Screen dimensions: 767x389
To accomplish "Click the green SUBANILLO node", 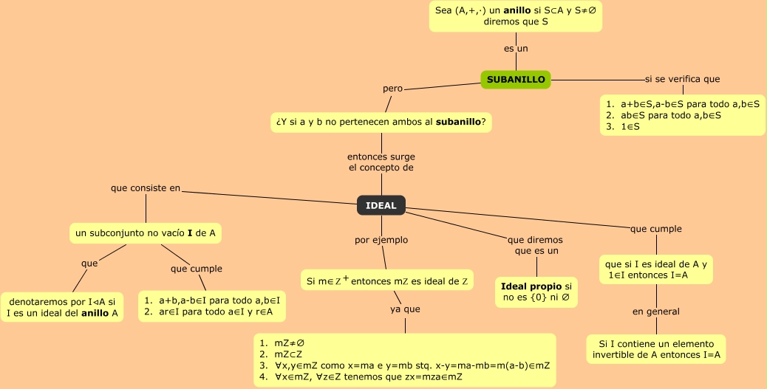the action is click(x=516, y=79).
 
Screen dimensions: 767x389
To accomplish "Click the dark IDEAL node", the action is click(x=381, y=205).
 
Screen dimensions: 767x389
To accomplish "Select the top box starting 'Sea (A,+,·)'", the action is click(x=516, y=16).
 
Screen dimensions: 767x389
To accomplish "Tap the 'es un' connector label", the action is click(x=516, y=49).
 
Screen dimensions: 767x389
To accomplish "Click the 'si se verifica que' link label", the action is click(x=682, y=79).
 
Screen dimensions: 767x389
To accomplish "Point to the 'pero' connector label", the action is click(x=392, y=89).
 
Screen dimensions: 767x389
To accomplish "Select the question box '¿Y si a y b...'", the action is click(x=381, y=122).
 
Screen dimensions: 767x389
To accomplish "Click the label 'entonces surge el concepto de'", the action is click(x=381, y=162).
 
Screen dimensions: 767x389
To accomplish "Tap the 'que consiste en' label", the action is click(x=146, y=188).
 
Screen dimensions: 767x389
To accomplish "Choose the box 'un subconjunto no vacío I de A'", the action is click(x=146, y=233).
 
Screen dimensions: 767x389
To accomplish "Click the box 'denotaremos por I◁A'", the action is click(x=61, y=307).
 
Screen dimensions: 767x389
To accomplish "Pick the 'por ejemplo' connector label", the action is click(x=381, y=240).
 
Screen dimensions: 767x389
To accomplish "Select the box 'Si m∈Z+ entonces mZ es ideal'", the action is click(x=387, y=280).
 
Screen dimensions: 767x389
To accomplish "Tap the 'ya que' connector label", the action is click(x=405, y=309).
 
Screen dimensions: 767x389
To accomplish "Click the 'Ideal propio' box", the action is click(x=536, y=292).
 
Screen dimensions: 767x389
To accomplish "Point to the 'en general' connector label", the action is click(x=655, y=311).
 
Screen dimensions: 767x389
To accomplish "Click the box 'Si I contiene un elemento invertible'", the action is click(x=656, y=349).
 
